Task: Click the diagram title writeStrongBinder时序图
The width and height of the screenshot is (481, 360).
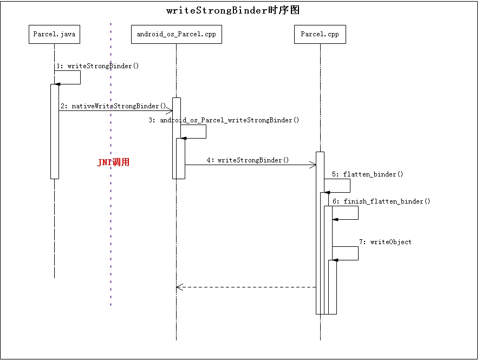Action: click(x=233, y=10)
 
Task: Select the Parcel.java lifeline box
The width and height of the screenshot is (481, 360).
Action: click(x=54, y=34)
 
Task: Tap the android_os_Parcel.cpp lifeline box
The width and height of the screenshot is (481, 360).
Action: click(x=176, y=34)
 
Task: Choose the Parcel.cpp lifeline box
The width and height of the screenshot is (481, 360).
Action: click(x=320, y=34)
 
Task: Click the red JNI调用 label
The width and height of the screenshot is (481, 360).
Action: click(x=113, y=162)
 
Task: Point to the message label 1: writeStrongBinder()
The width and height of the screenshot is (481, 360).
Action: click(x=97, y=66)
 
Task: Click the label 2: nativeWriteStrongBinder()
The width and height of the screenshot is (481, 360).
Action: click(x=113, y=106)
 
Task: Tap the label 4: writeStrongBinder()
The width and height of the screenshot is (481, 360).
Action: click(x=248, y=160)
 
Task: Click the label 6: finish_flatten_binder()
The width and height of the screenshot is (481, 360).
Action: click(x=381, y=201)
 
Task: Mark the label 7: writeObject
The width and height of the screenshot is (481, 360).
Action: click(x=385, y=242)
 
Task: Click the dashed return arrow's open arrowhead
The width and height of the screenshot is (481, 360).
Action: click(x=179, y=287)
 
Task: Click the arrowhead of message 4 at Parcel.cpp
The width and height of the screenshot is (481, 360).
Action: click(x=313, y=165)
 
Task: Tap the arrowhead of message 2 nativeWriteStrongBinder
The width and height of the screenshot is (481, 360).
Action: click(x=169, y=110)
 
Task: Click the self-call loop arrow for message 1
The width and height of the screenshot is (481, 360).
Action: click(x=80, y=77)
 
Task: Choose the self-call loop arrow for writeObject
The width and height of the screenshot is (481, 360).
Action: click(x=357, y=253)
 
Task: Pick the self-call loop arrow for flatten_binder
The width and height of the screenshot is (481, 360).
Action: click(x=349, y=186)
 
